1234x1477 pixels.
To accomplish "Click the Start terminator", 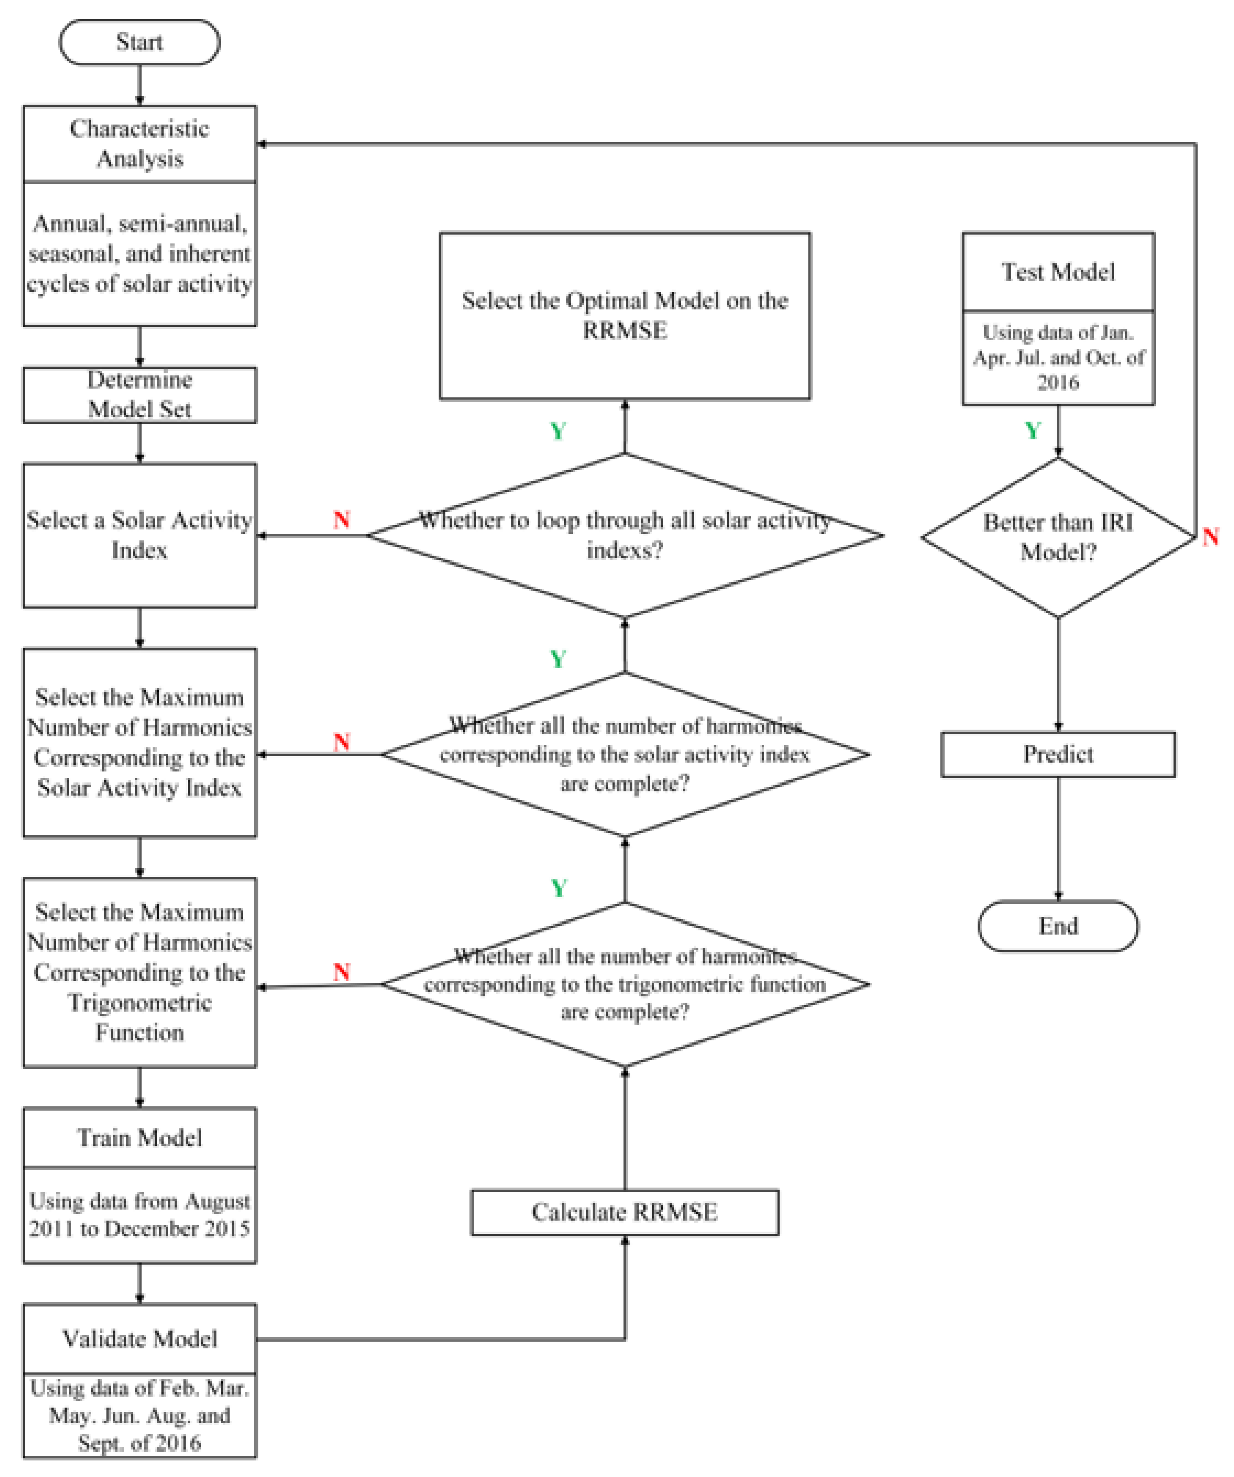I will [139, 42].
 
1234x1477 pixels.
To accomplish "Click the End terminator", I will [1057, 925].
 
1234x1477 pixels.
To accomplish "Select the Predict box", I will [1057, 754].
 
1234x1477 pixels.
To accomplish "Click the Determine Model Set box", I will [139, 394].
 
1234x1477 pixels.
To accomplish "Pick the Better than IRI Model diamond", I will [1057, 537].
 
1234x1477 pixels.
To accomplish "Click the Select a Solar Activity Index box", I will [139, 535].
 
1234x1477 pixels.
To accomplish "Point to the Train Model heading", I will [139, 1137].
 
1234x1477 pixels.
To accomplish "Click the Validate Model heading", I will [139, 1338].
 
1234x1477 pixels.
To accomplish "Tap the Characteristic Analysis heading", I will [139, 143].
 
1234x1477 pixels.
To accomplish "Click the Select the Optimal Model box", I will [624, 316].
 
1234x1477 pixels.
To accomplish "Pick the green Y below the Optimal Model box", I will [558, 431].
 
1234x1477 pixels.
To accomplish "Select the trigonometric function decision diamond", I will [624, 984].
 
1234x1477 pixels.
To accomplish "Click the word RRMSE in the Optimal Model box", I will [624, 330].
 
